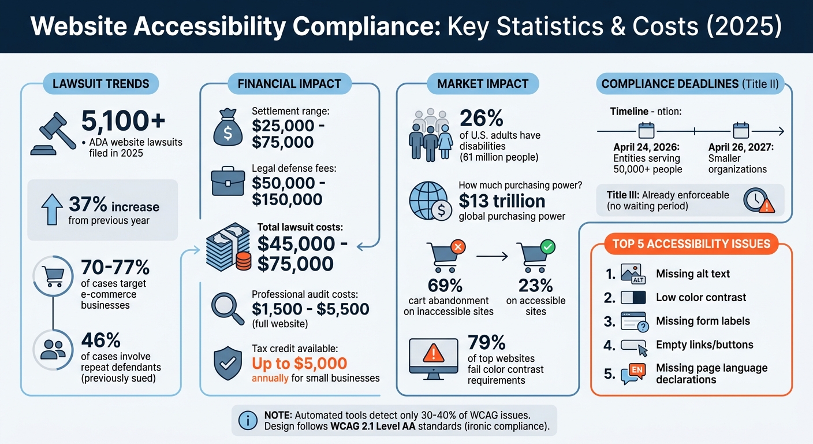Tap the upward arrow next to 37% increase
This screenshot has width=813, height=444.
coord(52,209)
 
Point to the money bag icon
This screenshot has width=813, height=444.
coord(228,128)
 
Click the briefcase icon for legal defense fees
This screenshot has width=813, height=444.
coord(228,182)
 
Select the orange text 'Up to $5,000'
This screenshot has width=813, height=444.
coord(299,363)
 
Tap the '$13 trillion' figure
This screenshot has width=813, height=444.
coord(502,201)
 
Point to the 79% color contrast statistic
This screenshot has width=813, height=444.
coord(487,342)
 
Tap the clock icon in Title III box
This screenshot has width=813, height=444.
coord(757,200)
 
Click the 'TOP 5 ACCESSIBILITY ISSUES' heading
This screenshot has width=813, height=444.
coord(691,243)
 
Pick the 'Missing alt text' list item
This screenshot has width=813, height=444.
coord(693,273)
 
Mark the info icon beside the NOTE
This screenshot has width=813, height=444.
coord(248,420)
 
